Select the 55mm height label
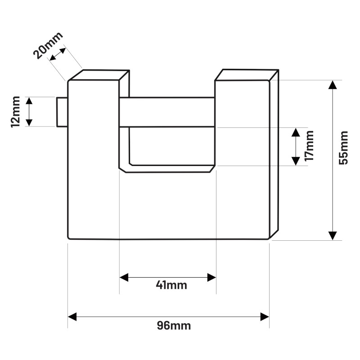[x=343, y=148]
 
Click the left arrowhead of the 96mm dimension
[x=72, y=317]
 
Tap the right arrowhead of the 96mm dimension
[x=265, y=317]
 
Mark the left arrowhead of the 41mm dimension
[x=124, y=277]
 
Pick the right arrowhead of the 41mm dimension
[x=211, y=277]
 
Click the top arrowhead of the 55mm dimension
[x=333, y=85]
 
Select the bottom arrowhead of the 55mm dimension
[x=333, y=235]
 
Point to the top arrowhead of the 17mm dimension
[x=296, y=132]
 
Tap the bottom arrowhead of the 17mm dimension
[x=296, y=161]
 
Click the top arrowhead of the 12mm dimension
[x=29, y=101]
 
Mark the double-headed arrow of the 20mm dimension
[x=58, y=54]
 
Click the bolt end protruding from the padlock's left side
[x=62, y=112]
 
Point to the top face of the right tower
[x=247, y=75]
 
